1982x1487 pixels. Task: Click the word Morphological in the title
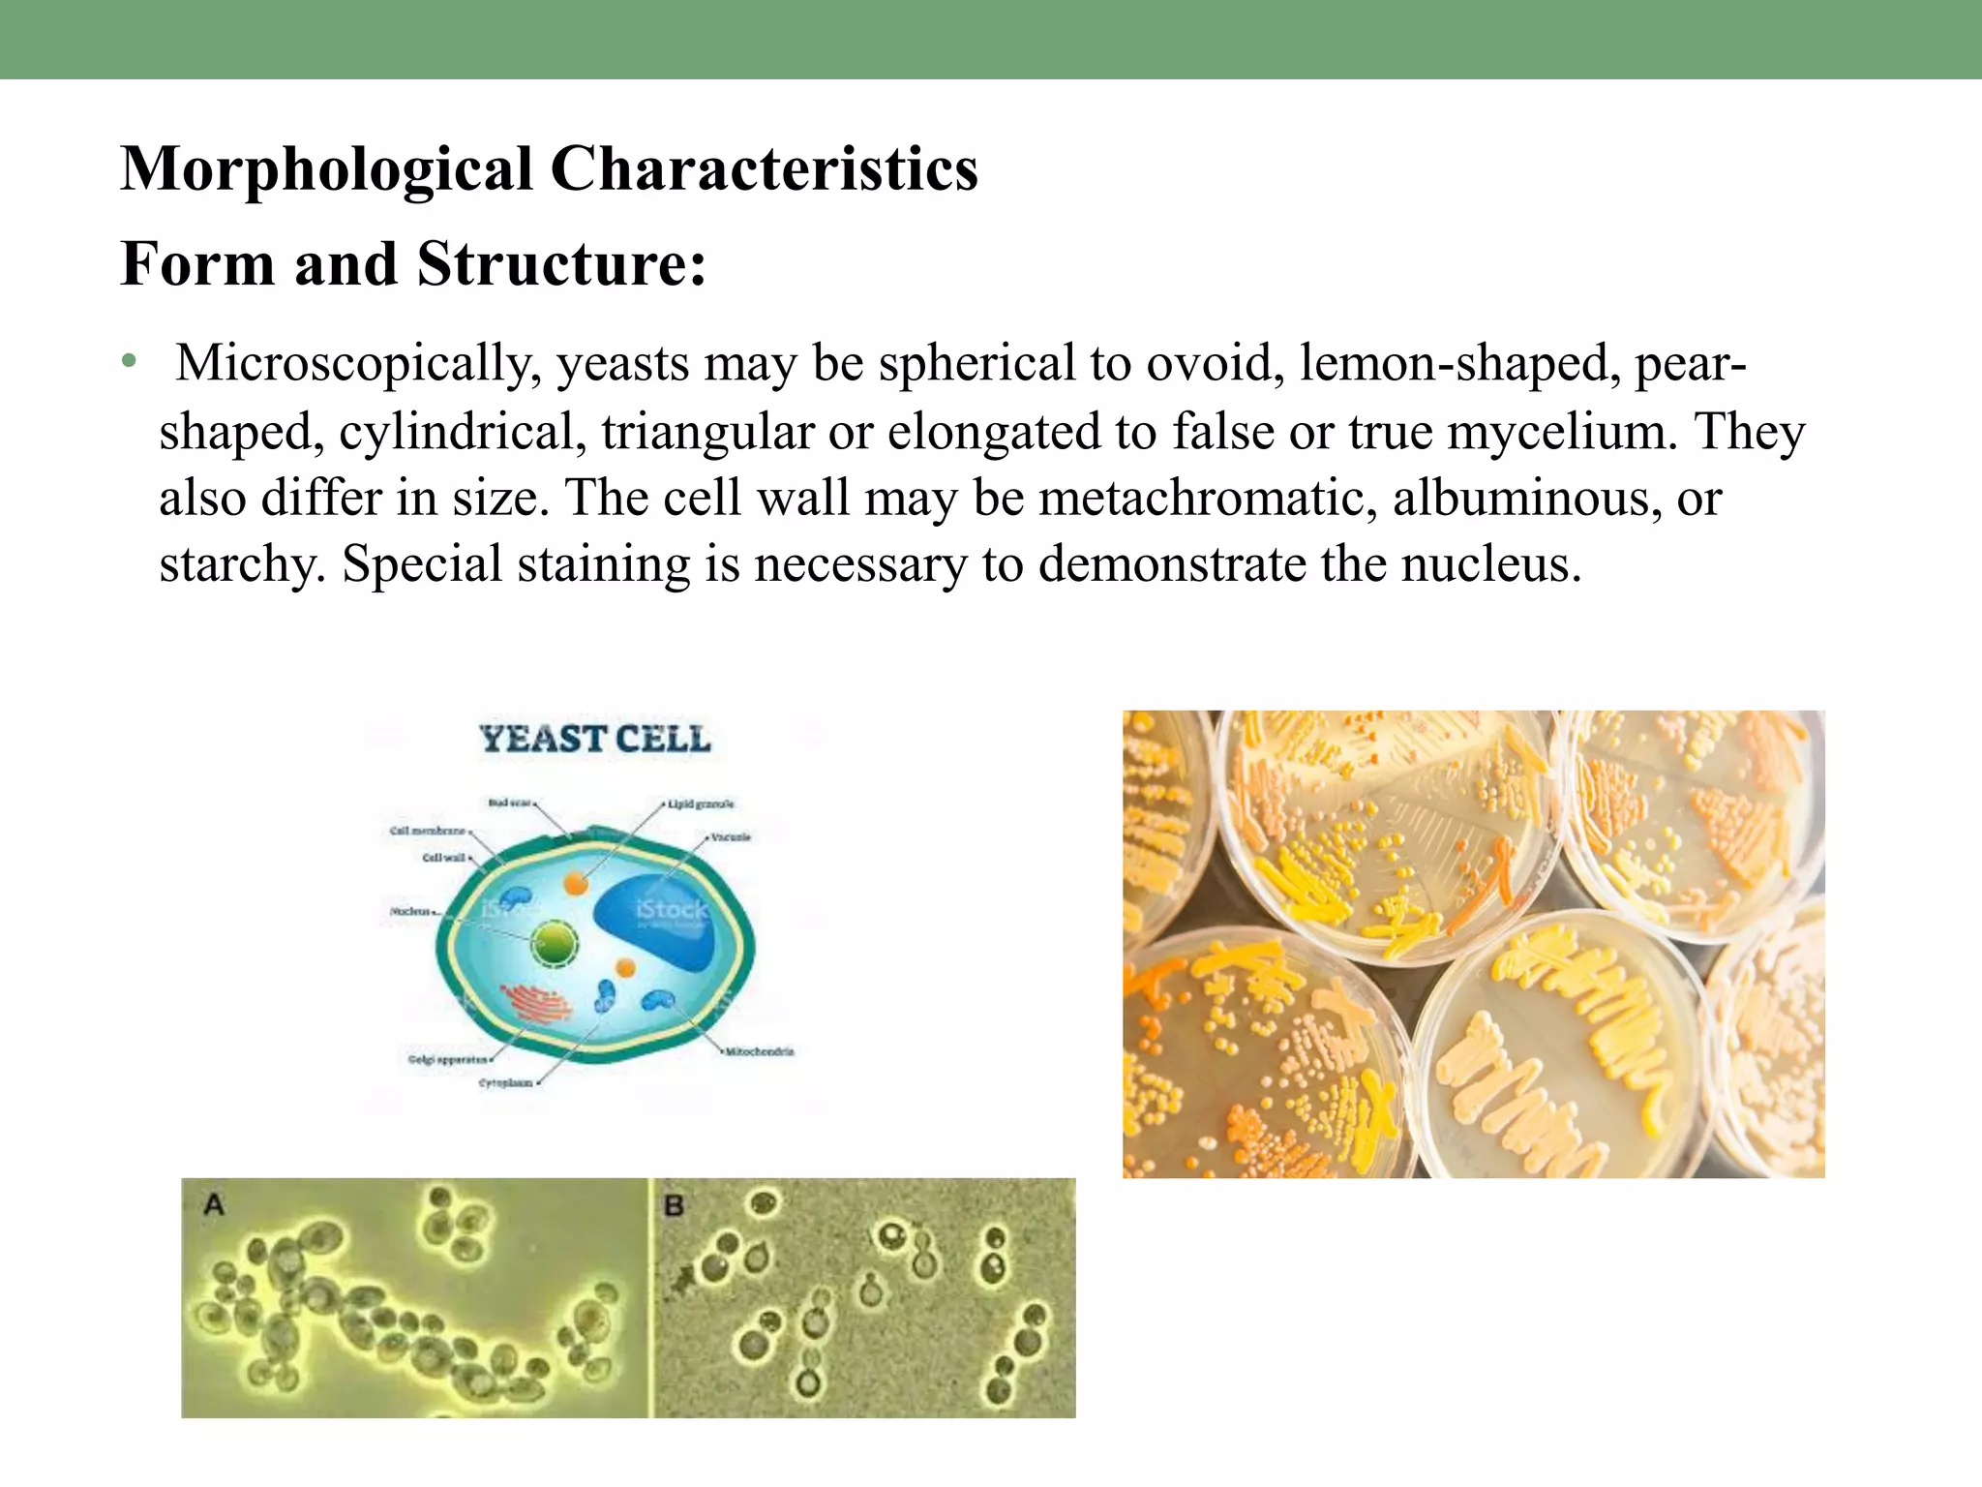(326, 170)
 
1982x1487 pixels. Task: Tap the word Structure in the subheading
(561, 264)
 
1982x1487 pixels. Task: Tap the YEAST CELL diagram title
(595, 740)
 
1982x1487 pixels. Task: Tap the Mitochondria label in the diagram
(760, 1051)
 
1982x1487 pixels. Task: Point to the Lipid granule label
(701, 804)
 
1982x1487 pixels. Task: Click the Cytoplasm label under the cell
(505, 1083)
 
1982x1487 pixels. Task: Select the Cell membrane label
(428, 831)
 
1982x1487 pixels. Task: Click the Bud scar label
(509, 803)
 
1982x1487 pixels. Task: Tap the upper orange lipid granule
(576, 883)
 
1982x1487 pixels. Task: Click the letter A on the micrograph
(214, 1205)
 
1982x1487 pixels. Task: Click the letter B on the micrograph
(675, 1206)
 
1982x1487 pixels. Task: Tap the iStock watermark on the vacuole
(672, 910)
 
